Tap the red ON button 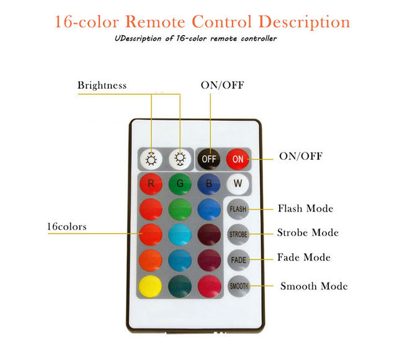click(x=238, y=159)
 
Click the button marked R click(x=151, y=183)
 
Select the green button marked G click(x=179, y=183)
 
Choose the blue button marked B click(x=208, y=183)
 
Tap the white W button click(x=237, y=183)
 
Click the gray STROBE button click(x=238, y=234)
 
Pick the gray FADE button click(x=238, y=260)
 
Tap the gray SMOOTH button click(x=238, y=286)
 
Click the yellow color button click(x=151, y=286)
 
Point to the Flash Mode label click(x=305, y=208)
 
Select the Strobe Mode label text click(x=308, y=233)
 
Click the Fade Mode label click(x=304, y=257)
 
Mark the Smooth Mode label click(x=314, y=286)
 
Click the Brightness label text click(x=102, y=86)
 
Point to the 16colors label click(x=66, y=227)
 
